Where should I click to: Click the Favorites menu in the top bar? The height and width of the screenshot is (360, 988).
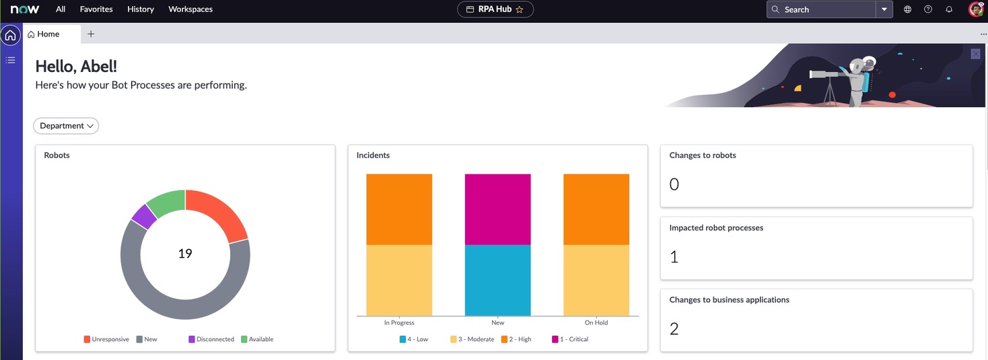point(96,9)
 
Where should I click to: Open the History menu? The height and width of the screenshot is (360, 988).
point(141,9)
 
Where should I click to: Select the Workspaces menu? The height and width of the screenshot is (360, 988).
point(190,9)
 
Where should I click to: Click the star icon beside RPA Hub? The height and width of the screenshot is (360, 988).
point(520,9)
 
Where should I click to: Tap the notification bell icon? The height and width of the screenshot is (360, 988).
point(949,9)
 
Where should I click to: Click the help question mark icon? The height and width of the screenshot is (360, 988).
point(928,9)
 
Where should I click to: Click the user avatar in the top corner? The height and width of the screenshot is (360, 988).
point(975,9)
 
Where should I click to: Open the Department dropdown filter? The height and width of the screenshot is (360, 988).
point(66,126)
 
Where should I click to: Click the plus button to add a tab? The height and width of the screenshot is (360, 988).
point(91,34)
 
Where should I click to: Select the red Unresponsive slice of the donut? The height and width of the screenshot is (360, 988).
point(219,211)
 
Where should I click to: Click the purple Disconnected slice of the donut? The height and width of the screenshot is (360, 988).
point(143,216)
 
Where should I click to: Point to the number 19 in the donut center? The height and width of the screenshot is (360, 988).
point(185,254)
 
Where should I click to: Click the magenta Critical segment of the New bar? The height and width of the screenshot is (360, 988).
point(497,209)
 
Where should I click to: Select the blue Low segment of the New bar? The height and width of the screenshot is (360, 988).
point(497,280)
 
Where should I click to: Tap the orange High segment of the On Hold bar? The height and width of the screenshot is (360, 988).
point(596,209)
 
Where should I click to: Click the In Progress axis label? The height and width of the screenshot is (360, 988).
point(399,323)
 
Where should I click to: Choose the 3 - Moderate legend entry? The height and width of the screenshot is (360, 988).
point(472,339)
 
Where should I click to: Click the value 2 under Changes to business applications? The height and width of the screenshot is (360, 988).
point(674,329)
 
